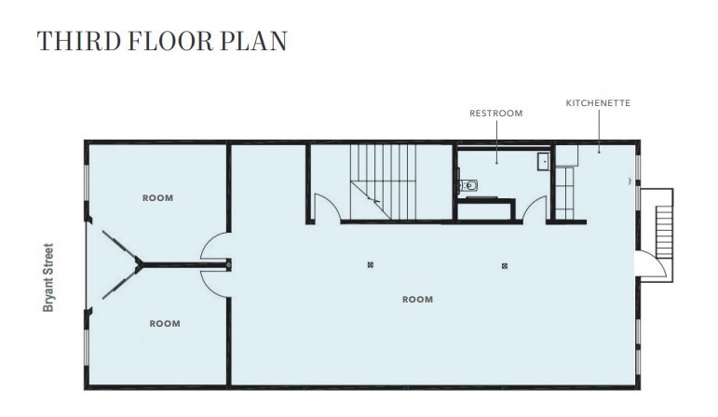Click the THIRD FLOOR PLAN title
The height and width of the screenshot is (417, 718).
click(162, 41)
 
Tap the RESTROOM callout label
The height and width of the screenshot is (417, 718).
click(495, 113)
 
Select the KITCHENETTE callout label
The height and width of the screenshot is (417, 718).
click(598, 102)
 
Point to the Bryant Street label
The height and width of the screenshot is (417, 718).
click(48, 277)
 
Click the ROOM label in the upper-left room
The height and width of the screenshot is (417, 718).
click(157, 197)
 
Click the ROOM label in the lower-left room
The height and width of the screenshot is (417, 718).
click(165, 323)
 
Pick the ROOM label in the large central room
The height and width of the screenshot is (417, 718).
click(417, 299)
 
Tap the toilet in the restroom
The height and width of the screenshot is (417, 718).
click(467, 186)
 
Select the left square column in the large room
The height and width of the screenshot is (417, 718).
click(371, 265)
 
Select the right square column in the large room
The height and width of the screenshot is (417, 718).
click(504, 265)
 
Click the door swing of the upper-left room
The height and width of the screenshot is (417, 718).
click(213, 247)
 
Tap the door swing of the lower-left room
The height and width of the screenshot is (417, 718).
click(213, 283)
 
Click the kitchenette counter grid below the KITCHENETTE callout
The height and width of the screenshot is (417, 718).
click(563, 191)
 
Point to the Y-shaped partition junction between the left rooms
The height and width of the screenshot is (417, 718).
click(139, 265)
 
